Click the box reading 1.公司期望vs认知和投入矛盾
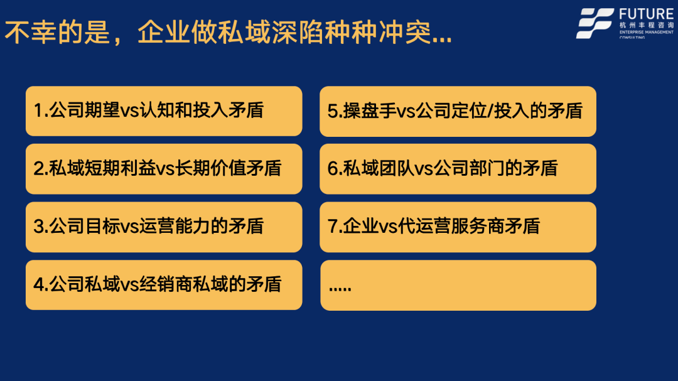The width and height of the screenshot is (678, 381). [164, 111]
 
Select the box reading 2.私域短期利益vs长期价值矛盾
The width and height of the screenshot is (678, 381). [164, 169]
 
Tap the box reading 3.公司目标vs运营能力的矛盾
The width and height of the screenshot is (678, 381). [164, 227]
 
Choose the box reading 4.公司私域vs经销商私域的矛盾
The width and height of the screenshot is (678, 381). [164, 285]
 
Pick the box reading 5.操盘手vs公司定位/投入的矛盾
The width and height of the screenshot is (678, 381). [458, 112]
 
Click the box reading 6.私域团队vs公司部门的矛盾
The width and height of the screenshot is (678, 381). [458, 169]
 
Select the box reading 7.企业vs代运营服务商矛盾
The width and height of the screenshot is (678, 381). [458, 227]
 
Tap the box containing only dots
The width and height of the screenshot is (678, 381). [458, 286]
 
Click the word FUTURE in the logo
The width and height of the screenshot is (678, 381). [646, 14]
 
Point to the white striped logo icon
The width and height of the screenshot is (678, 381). [595, 23]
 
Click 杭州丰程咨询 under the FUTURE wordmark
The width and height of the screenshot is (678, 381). [647, 25]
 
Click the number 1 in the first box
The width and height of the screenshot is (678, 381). [38, 110]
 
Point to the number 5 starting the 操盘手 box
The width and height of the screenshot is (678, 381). [332, 111]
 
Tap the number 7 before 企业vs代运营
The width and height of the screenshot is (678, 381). [332, 226]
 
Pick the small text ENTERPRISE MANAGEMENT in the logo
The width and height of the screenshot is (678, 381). [647, 32]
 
